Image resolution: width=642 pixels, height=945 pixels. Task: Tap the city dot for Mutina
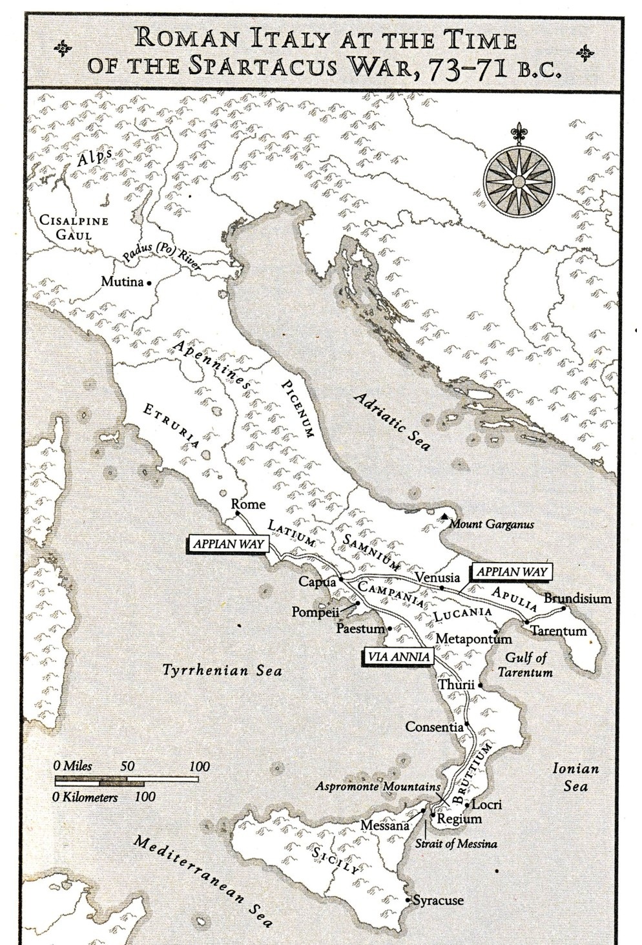[149, 283]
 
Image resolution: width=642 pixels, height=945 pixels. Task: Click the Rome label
[248, 504]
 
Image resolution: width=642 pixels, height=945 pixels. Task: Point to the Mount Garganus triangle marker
[446, 517]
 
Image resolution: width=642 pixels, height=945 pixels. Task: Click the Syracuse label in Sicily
[438, 899]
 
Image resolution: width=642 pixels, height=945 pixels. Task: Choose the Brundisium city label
[577, 598]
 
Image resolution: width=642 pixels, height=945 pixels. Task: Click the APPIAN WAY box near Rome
[229, 544]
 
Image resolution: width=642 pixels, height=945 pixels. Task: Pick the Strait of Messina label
[456, 844]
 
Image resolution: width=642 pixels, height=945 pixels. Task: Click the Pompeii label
[315, 611]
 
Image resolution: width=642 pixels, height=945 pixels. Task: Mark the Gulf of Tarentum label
[525, 665]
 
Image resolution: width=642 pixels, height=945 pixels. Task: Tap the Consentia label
[433, 727]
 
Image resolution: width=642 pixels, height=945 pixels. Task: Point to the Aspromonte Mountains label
[378, 787]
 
